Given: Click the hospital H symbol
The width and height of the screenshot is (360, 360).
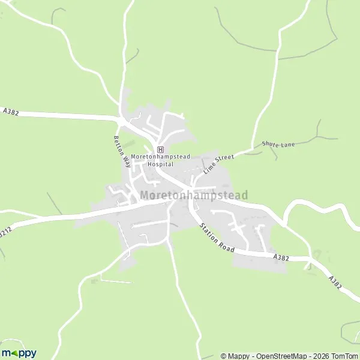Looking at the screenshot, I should (x=160, y=149).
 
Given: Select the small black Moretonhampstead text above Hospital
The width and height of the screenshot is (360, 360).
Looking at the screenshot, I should (x=160, y=157).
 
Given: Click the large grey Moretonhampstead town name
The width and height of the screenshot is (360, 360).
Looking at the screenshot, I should (x=194, y=196).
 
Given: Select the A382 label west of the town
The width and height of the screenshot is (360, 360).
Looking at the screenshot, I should (x=11, y=111).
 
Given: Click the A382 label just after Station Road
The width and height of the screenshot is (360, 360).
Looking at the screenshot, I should (x=280, y=257).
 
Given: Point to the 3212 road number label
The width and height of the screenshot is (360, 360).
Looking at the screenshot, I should (x=4, y=231).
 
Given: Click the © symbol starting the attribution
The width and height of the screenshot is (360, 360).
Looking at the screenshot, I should (x=224, y=356).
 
